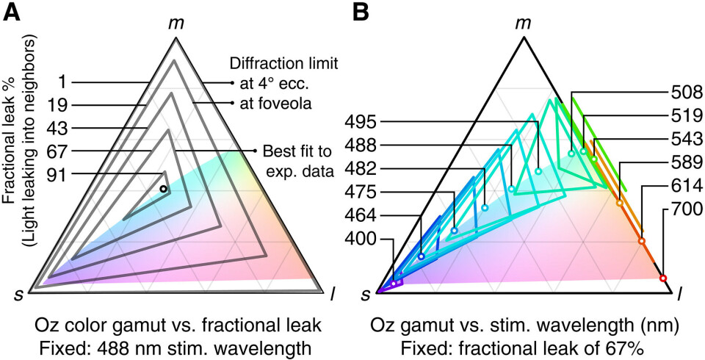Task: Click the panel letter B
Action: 361,14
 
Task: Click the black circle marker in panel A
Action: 164,190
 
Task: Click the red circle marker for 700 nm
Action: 663,278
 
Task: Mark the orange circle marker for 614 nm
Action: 642,241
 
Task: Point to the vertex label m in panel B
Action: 523,23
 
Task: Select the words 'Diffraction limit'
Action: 274,64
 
